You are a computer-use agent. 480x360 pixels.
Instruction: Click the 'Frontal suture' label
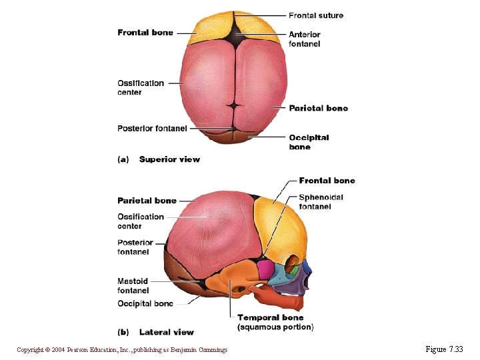(315, 15)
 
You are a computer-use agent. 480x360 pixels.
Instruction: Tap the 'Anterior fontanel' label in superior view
(305, 39)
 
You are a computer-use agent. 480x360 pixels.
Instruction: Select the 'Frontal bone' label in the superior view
(145, 33)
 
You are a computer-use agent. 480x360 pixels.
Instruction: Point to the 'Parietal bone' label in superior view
(318, 108)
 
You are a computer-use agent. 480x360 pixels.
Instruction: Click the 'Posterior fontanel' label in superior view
(152, 129)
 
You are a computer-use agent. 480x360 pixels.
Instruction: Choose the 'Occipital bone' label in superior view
(309, 142)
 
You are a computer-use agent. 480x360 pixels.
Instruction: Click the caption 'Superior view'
(169, 159)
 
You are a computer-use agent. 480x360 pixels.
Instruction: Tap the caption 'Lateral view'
(166, 332)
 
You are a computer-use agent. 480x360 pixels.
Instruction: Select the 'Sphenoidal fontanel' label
(321, 201)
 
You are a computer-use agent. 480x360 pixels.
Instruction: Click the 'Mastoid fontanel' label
(133, 286)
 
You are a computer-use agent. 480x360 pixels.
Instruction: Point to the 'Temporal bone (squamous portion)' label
(275, 322)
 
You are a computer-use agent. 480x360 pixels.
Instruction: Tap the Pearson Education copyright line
(122, 350)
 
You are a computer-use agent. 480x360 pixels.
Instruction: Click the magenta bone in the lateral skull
(266, 269)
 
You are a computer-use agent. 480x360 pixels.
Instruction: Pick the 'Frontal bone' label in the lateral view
(327, 181)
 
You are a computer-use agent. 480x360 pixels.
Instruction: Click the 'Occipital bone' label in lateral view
(145, 304)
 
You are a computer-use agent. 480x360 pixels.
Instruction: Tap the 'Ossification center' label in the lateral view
(140, 221)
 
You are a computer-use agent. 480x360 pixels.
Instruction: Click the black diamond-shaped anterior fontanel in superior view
(234, 33)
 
